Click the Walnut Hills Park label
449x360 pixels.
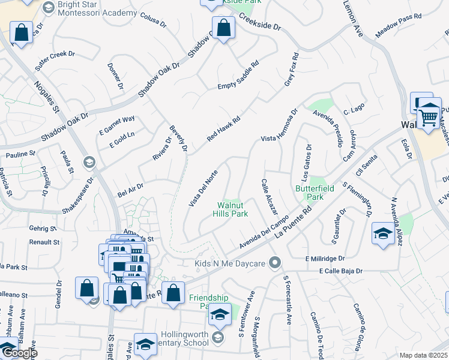[232, 209]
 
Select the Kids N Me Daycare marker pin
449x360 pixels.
[275, 262]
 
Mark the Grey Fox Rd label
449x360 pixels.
[291, 74]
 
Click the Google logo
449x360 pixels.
[19, 353]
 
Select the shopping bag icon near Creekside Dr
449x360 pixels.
[224, 29]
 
